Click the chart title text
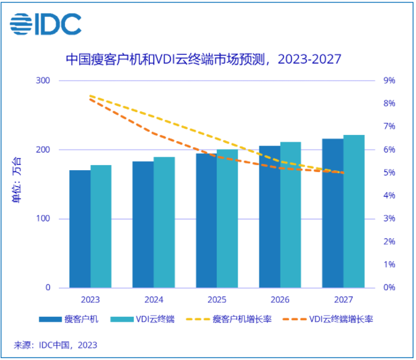[204, 60]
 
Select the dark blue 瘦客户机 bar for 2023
[80, 229]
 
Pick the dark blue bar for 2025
[206, 220]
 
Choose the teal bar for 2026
[290, 215]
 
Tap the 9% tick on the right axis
[389, 81]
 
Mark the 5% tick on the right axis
[389, 173]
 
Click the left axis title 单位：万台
[17, 184]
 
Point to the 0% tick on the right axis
[389, 288]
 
